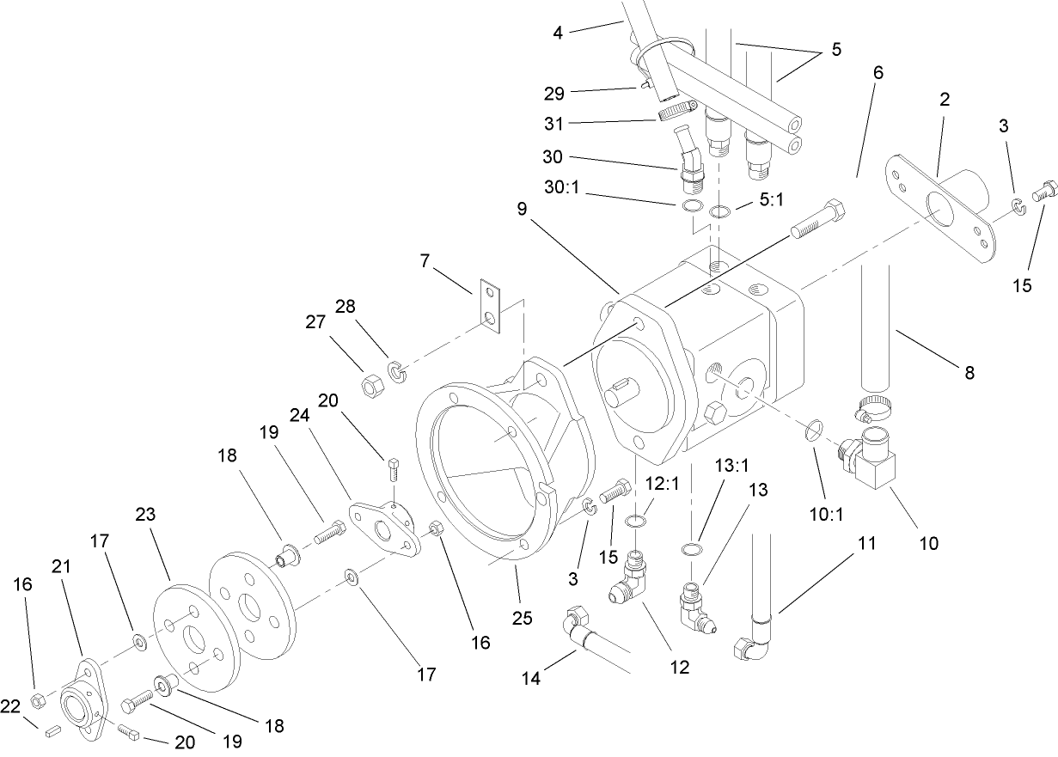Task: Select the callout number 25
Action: point(523,616)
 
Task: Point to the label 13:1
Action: point(732,465)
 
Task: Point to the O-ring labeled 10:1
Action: point(815,430)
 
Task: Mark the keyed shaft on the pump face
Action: point(624,398)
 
